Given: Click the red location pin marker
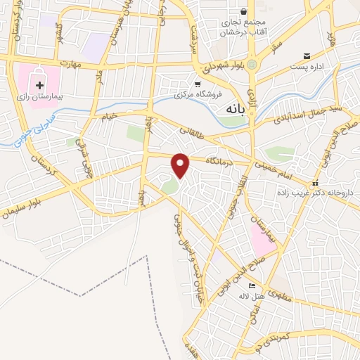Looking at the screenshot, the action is (x=181, y=164).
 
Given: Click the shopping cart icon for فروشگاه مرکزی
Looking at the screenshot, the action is (x=198, y=84).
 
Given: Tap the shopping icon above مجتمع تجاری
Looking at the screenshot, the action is (x=244, y=11).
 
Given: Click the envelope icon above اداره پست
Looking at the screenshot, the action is (x=307, y=56).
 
